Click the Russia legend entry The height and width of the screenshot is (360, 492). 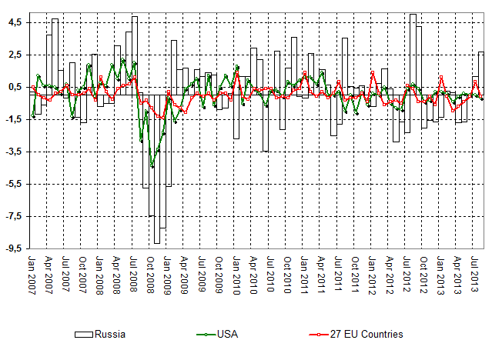(99, 335)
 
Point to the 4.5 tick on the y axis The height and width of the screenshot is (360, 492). (16, 23)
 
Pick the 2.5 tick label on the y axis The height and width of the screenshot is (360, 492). (16, 55)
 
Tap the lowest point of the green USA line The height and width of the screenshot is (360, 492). (152, 165)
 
